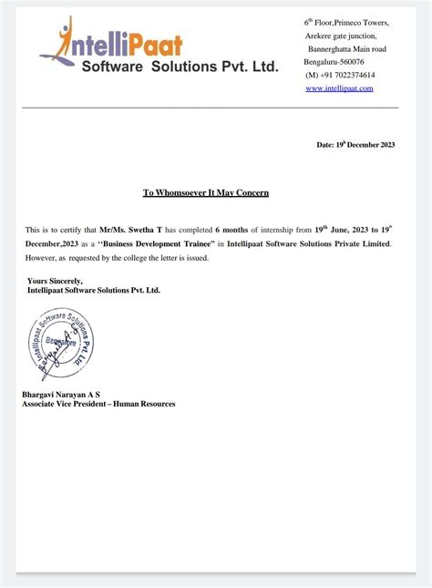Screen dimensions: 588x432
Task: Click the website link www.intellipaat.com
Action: click(x=339, y=88)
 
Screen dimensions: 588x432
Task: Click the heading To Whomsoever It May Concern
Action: click(x=206, y=193)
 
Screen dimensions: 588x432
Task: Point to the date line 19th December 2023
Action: click(x=355, y=145)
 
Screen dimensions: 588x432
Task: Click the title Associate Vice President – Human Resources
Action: click(x=98, y=404)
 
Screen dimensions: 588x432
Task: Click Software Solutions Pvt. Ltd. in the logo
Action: click(x=180, y=67)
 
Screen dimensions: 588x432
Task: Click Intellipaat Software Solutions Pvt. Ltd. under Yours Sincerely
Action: click(x=93, y=290)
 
